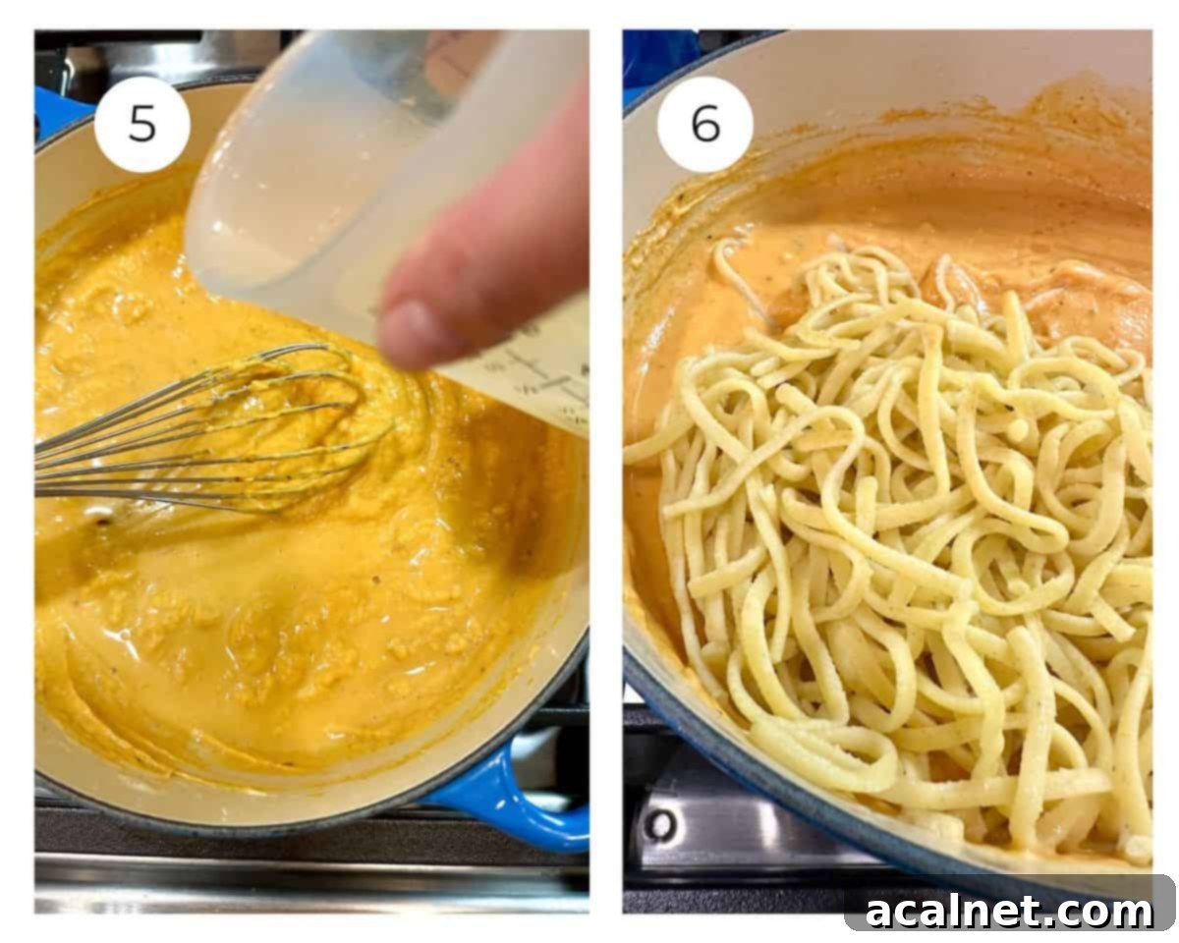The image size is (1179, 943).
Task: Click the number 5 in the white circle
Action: click(x=141, y=124)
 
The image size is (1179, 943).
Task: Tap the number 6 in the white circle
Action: click(x=704, y=124)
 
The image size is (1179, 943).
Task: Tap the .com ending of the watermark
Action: click(x=1105, y=911)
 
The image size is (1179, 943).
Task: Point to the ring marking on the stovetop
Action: click(x=659, y=823)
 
